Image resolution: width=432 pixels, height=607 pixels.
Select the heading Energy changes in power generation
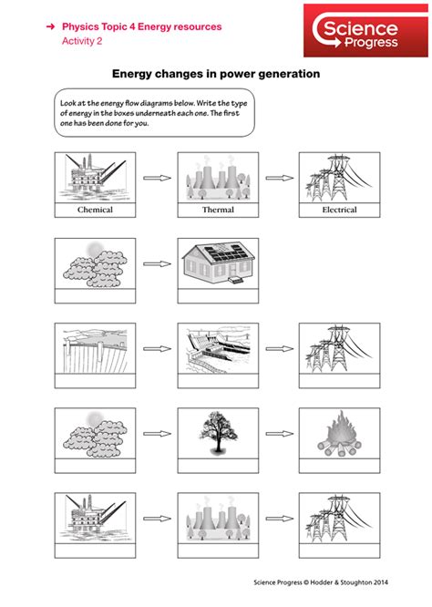click(215, 74)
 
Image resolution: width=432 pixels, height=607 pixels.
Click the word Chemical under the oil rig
click(95, 210)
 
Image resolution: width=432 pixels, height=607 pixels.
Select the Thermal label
click(218, 210)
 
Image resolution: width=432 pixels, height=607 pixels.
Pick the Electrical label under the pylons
click(339, 210)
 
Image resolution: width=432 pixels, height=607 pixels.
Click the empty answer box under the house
click(218, 295)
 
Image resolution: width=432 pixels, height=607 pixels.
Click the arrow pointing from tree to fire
click(279, 435)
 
